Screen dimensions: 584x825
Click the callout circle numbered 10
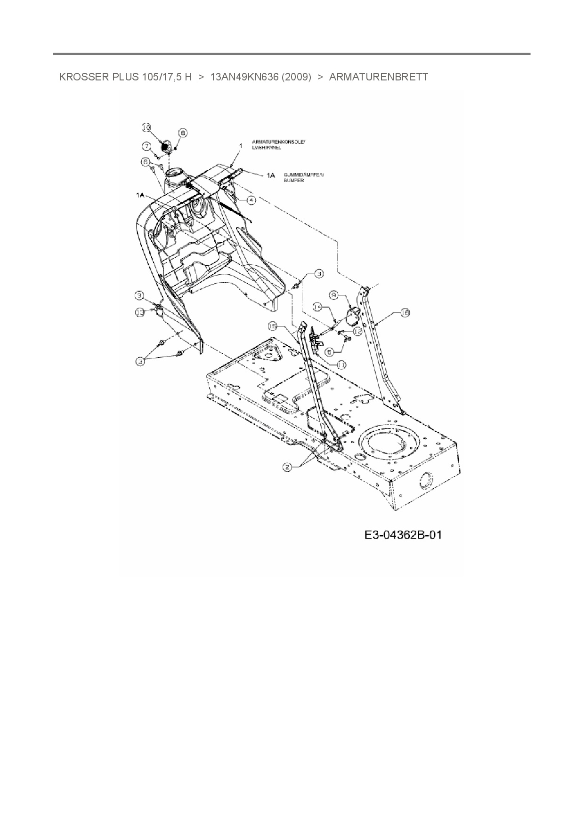click(146, 127)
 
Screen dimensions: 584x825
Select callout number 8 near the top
click(183, 133)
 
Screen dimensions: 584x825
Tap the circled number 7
click(147, 146)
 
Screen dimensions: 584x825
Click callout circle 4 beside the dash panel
click(251, 200)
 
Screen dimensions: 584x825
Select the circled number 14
click(318, 306)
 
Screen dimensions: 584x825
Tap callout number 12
click(357, 331)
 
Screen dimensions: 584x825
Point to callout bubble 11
click(341, 364)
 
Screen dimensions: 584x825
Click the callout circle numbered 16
click(405, 312)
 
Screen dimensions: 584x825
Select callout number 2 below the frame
click(287, 467)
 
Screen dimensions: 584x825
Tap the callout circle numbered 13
click(140, 312)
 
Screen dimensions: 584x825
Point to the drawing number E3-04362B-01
click(403, 535)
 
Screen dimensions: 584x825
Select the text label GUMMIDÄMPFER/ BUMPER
click(303, 177)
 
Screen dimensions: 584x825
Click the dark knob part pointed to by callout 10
click(165, 146)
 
